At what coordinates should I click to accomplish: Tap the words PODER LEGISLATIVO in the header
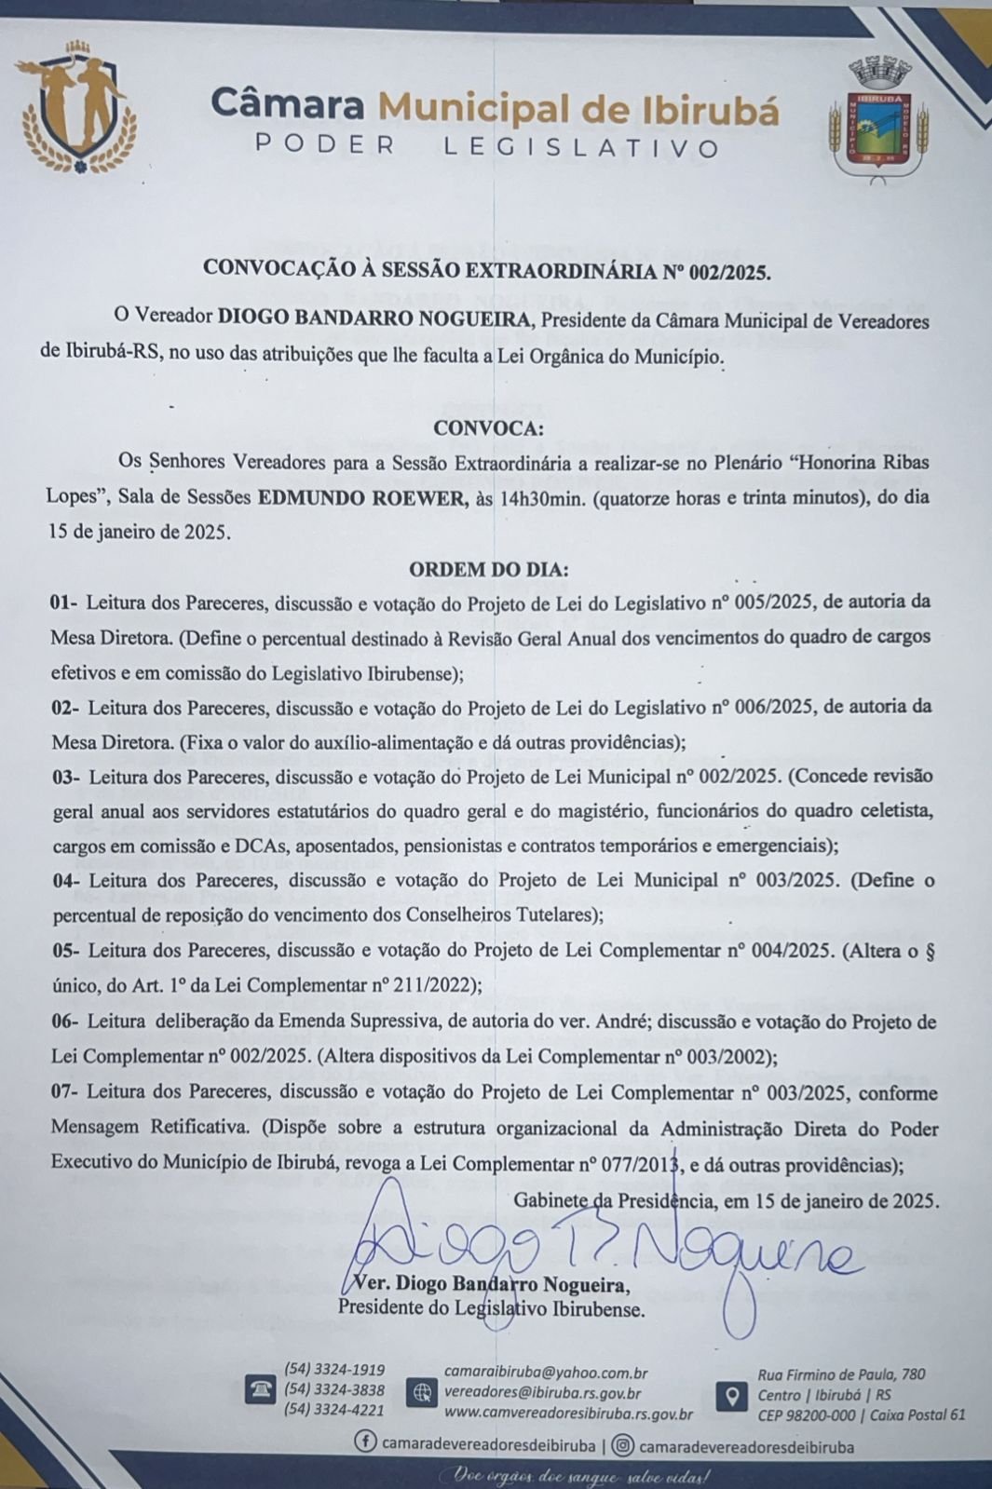pos(487,148)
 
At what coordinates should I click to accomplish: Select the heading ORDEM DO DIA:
pos(488,569)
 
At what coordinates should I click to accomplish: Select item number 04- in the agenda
pos(65,880)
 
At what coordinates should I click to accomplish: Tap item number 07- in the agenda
pos(65,1092)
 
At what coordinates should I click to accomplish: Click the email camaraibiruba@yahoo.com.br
pos(546,1373)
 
